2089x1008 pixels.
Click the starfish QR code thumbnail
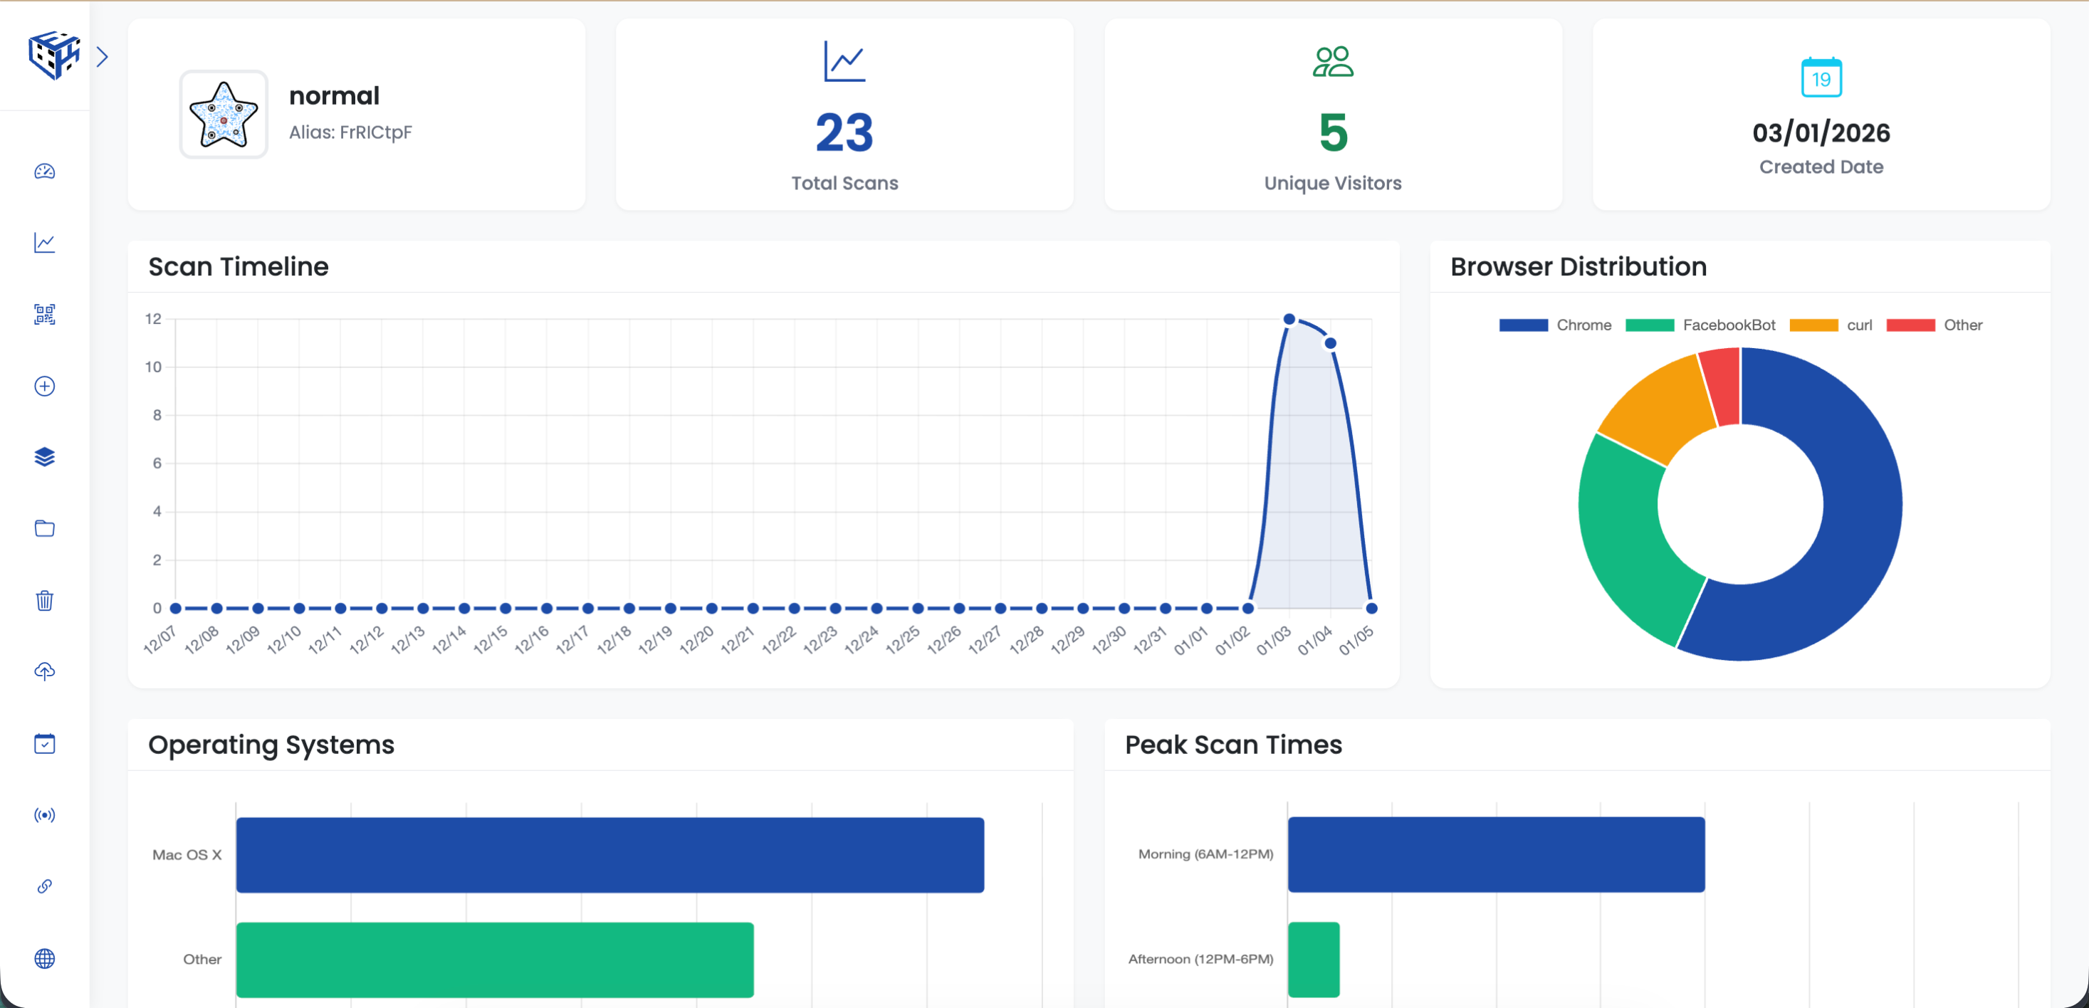pyautogui.click(x=223, y=115)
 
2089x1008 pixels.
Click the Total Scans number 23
pyautogui.click(x=844, y=133)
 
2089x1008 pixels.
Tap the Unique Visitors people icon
pyautogui.click(x=1332, y=62)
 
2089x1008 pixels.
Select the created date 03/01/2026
pyautogui.click(x=1821, y=133)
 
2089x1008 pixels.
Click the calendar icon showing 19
pyautogui.click(x=1821, y=78)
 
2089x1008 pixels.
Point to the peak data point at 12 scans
pyautogui.click(x=1289, y=320)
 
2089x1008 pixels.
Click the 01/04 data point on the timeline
pyautogui.click(x=1330, y=344)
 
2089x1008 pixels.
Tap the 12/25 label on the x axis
pyautogui.click(x=903, y=640)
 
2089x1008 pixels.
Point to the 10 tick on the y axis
pyautogui.click(x=153, y=367)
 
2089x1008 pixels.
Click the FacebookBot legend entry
pyautogui.click(x=1728, y=325)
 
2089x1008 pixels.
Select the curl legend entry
pyautogui.click(x=1859, y=325)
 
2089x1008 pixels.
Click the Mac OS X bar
pyautogui.click(x=610, y=855)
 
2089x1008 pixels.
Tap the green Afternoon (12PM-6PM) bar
pyautogui.click(x=1313, y=960)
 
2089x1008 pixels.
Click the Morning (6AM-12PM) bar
pyautogui.click(x=1495, y=855)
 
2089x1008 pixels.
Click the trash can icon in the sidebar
pyautogui.click(x=45, y=601)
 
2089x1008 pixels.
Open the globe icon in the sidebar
pyautogui.click(x=45, y=959)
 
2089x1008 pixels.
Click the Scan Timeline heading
pyautogui.click(x=239, y=267)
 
